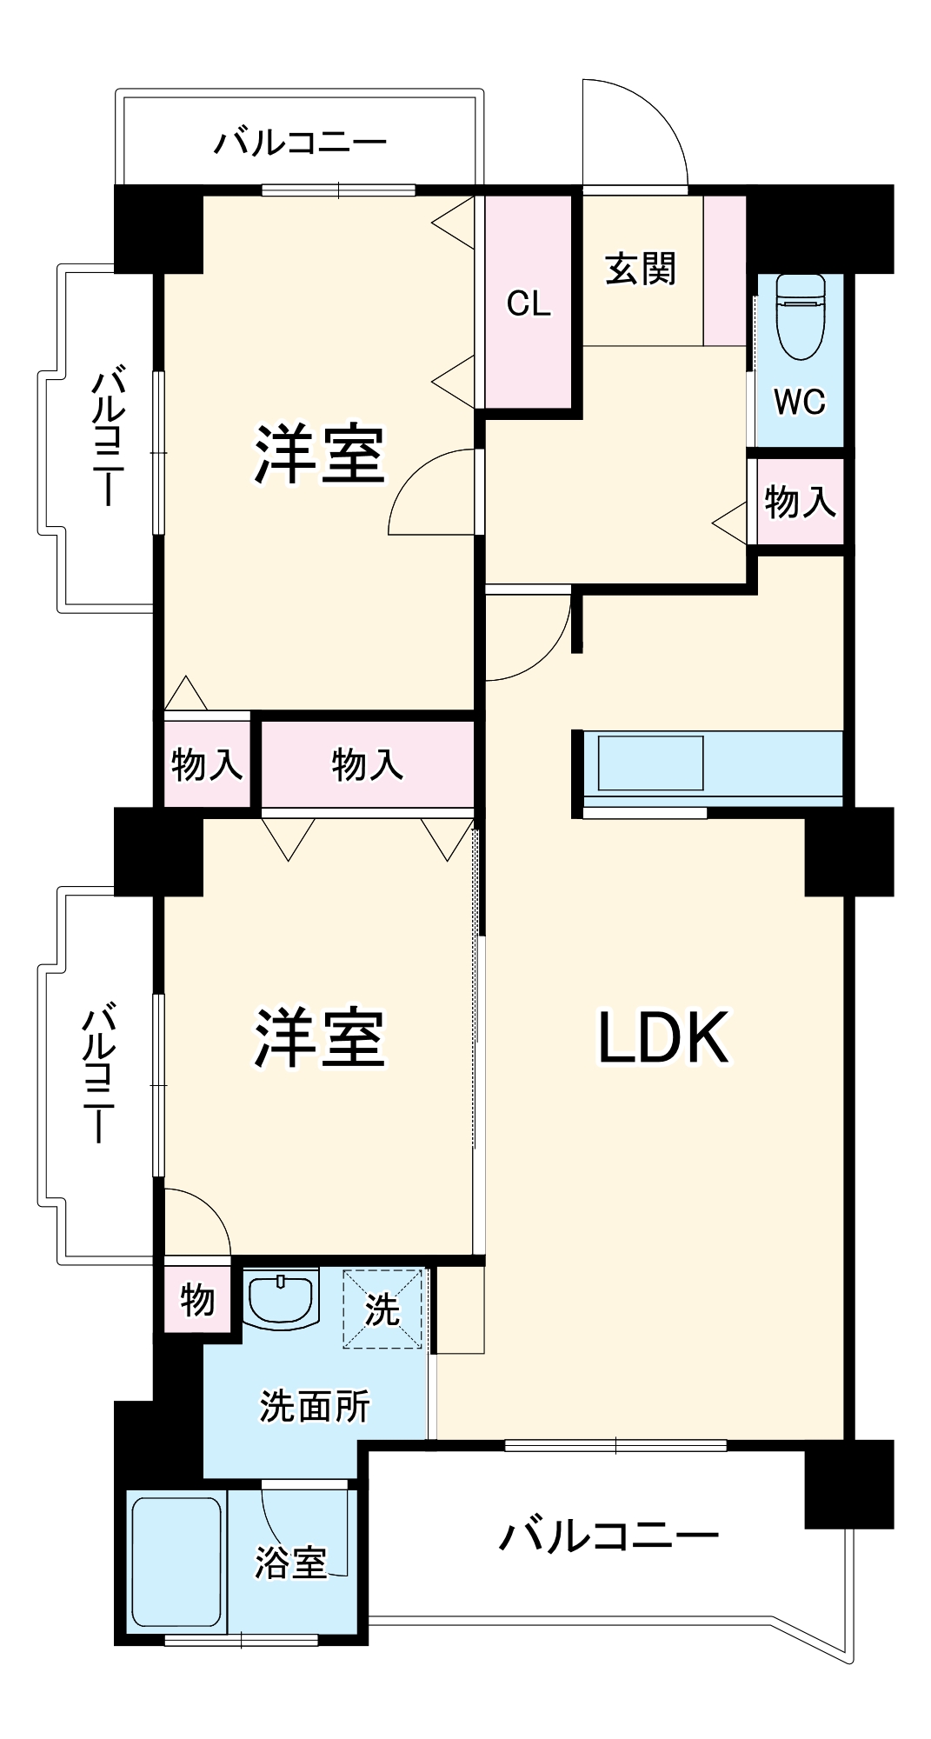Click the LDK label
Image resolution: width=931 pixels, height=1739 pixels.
point(663,1036)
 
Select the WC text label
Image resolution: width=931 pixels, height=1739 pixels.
point(799,402)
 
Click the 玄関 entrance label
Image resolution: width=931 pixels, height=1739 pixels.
point(641,269)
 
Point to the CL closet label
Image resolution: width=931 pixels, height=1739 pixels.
point(529,303)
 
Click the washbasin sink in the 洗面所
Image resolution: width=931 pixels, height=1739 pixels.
point(280,1298)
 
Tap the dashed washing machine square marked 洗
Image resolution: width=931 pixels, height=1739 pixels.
point(382,1309)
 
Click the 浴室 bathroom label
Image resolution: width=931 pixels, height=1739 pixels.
point(290,1562)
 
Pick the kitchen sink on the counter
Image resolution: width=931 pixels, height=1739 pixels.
point(650,763)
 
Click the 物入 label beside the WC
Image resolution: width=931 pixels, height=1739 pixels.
point(800,502)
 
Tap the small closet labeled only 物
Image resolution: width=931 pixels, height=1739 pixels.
point(197,1300)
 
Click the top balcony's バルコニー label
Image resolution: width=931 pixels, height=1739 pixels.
point(300,142)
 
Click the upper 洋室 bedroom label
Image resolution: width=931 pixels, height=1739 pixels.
point(319,454)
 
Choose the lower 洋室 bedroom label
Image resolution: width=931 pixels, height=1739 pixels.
point(319,1037)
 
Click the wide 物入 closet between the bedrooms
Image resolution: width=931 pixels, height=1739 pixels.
point(368,764)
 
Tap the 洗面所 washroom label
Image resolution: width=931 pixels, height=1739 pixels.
point(314,1406)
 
